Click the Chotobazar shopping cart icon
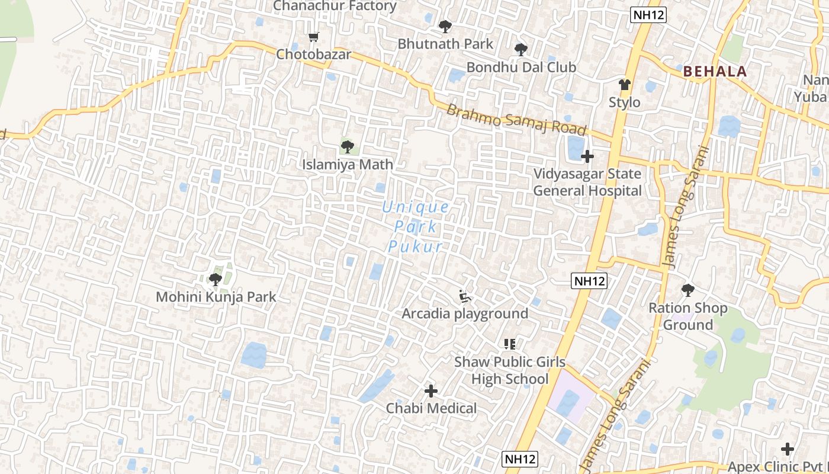314,37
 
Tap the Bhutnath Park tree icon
445,27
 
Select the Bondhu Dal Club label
521,68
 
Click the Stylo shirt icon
624,85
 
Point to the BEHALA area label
715,72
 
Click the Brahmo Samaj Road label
516,120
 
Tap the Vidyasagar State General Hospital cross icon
587,156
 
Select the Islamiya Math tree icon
347,146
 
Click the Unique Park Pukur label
416,227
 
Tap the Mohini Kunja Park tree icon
216,279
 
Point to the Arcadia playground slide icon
465,296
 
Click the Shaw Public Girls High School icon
509,344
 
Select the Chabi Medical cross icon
431,391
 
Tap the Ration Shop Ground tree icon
687,290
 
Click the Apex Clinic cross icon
787,449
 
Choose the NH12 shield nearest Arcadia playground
590,281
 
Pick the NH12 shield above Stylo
648,15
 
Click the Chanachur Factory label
335,6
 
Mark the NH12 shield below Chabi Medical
520,459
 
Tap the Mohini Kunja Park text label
216,297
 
